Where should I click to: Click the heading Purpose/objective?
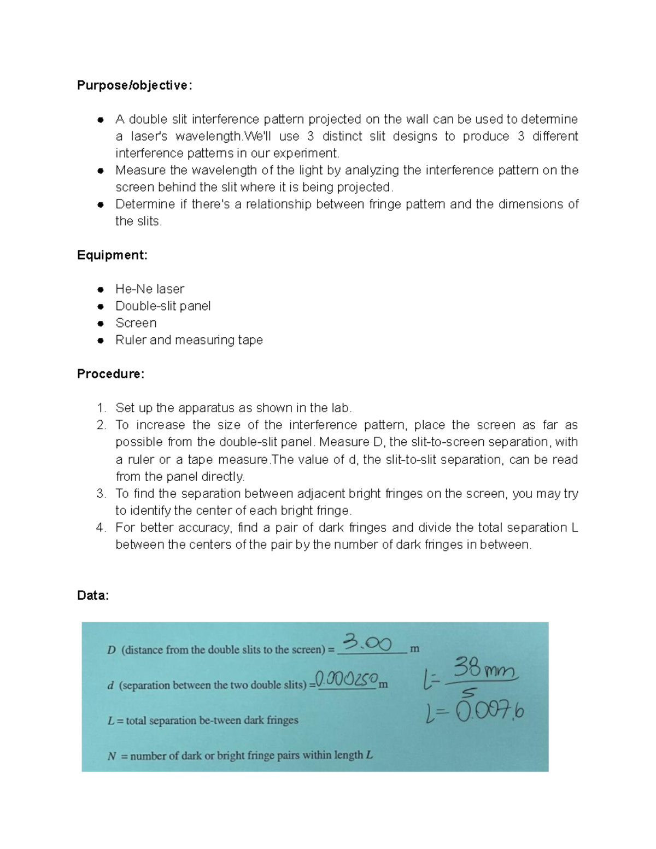point(134,85)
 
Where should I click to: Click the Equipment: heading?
point(112,255)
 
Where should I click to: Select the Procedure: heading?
point(110,374)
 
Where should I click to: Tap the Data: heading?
point(93,595)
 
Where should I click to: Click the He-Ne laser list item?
point(149,289)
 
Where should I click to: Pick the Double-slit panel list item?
point(162,306)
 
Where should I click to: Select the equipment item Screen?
point(136,323)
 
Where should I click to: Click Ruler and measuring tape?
point(189,339)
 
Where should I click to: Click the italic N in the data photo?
point(112,756)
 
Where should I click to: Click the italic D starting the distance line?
point(112,650)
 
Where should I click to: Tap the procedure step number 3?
point(101,494)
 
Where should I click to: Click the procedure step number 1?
point(101,408)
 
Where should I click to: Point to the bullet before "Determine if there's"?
point(100,204)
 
